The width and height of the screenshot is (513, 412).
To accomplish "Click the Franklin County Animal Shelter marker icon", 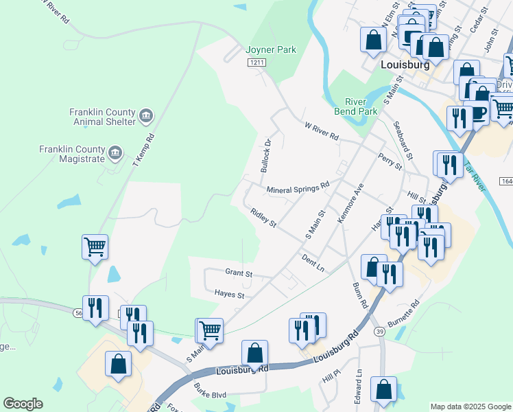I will pos(145,116).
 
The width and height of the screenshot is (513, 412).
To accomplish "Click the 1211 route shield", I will pos(256,62).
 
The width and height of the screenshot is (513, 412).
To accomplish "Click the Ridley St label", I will pos(263,218).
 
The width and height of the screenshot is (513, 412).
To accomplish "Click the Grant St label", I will pos(239,273).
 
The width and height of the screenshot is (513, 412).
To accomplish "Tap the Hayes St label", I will pos(230,295).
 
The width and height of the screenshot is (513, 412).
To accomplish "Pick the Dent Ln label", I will pos(313,261).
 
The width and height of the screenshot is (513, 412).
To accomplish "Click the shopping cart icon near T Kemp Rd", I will pos(95,246).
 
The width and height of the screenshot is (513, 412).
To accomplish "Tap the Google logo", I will pos(23,404).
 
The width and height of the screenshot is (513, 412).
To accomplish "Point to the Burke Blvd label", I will pos(210,395).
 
